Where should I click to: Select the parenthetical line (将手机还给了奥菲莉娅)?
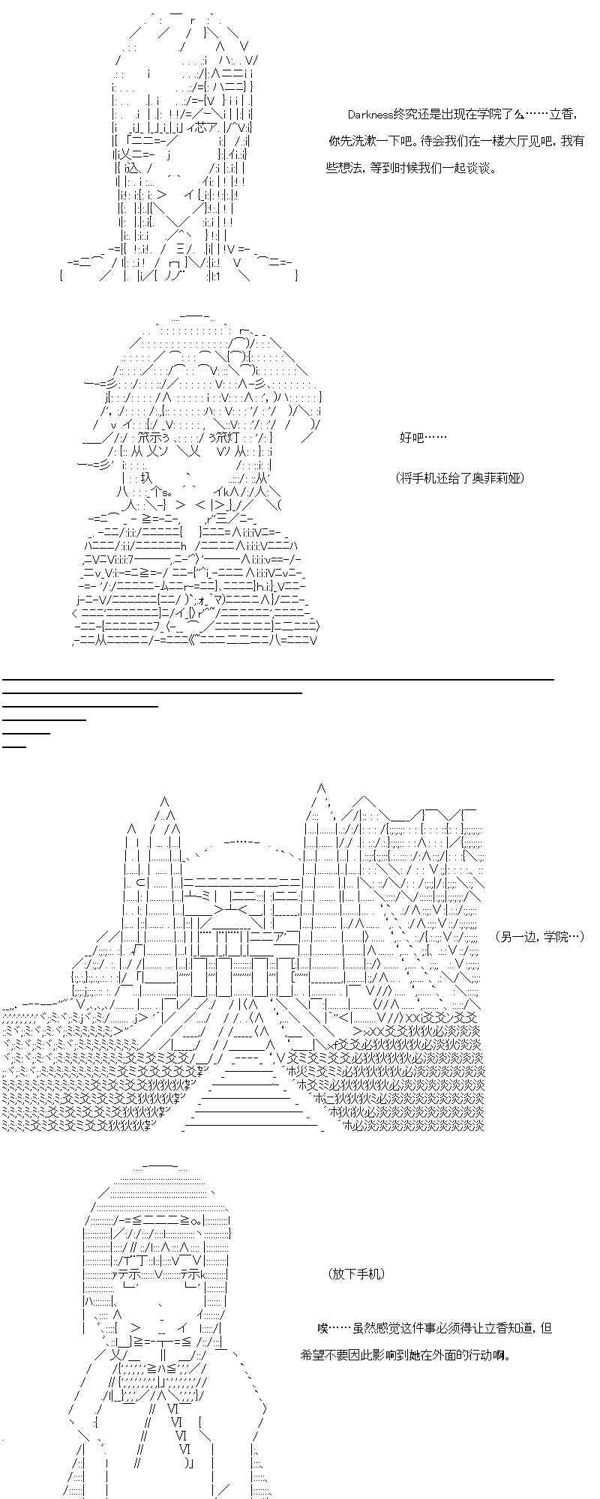tap(460, 477)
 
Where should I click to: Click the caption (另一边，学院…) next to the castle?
tap(540, 936)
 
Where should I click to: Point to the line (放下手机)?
tap(355, 1274)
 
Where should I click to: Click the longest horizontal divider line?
tap(278, 679)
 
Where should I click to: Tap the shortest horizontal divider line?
tap(14, 746)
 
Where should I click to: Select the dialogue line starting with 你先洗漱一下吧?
tap(456, 141)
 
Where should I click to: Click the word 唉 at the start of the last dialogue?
tap(322, 1328)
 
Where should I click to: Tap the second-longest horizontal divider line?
tap(152, 693)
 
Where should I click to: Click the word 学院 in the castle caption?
tap(553, 936)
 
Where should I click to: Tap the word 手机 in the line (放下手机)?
tap(367, 1274)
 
